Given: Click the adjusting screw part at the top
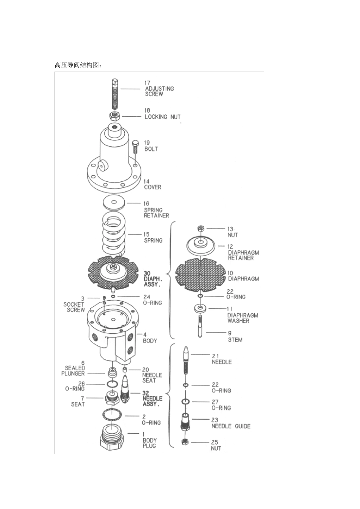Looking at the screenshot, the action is tap(114, 94).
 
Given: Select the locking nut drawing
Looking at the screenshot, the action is tap(115, 116).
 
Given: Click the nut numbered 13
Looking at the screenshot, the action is tap(200, 228).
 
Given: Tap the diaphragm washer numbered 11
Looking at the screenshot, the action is tap(200, 309).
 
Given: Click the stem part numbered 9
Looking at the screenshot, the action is tap(200, 326).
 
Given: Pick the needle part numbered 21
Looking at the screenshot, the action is tap(186, 361).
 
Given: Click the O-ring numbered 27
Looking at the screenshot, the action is tap(186, 401).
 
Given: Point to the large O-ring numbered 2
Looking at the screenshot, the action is tap(112, 415).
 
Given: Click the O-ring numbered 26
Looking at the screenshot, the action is tap(112, 384).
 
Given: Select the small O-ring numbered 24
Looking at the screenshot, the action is tap(113, 296).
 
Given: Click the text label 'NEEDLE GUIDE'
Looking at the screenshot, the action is tap(231, 426).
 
